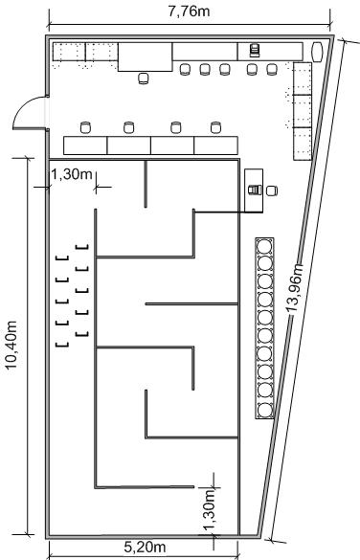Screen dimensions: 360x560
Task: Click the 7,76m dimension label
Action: point(189,11)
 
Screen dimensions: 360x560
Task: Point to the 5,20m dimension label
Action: point(145,547)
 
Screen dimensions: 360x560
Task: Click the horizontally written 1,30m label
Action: point(72,174)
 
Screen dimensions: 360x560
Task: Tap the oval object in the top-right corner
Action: point(317,52)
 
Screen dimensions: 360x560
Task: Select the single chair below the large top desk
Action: point(144,78)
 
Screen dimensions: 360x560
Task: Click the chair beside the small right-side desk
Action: point(272,190)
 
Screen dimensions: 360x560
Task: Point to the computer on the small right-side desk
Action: point(255,190)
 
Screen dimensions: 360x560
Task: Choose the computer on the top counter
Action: point(255,50)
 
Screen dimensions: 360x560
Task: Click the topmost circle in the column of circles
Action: point(265,247)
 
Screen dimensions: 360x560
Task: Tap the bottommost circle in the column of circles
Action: point(265,411)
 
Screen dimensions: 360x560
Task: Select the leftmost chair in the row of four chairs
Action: point(85,127)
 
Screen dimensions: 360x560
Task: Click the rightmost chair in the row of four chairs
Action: point(216,127)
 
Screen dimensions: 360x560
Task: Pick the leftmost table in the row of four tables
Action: point(85,146)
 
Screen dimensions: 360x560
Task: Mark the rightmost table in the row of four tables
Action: point(216,146)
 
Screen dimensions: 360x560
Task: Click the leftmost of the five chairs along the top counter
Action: point(185,69)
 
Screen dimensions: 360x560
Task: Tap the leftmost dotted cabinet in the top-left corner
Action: point(69,52)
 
